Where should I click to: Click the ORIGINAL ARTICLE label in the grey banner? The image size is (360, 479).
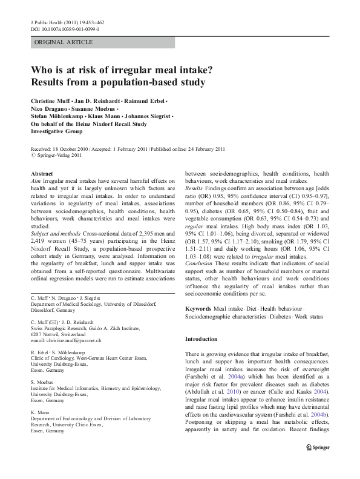pos(64,42)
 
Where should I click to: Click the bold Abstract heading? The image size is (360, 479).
pos(41,173)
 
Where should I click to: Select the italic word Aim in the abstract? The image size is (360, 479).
pos(34,180)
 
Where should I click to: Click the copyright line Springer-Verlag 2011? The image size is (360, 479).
pos(59,155)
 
